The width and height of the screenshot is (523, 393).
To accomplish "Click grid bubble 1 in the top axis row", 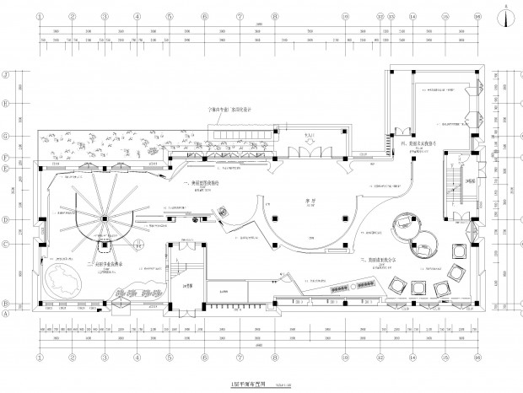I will (40, 15).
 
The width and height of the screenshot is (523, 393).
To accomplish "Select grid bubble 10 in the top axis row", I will (345, 15).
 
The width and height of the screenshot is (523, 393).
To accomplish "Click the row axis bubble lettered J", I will (7, 74).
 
